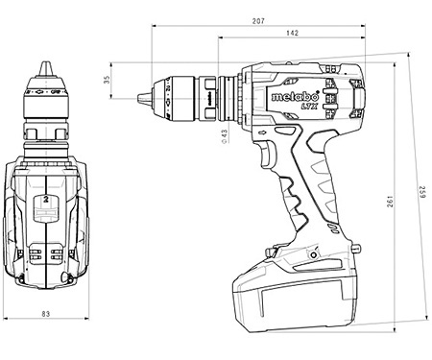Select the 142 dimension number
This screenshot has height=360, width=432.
[292, 34]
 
